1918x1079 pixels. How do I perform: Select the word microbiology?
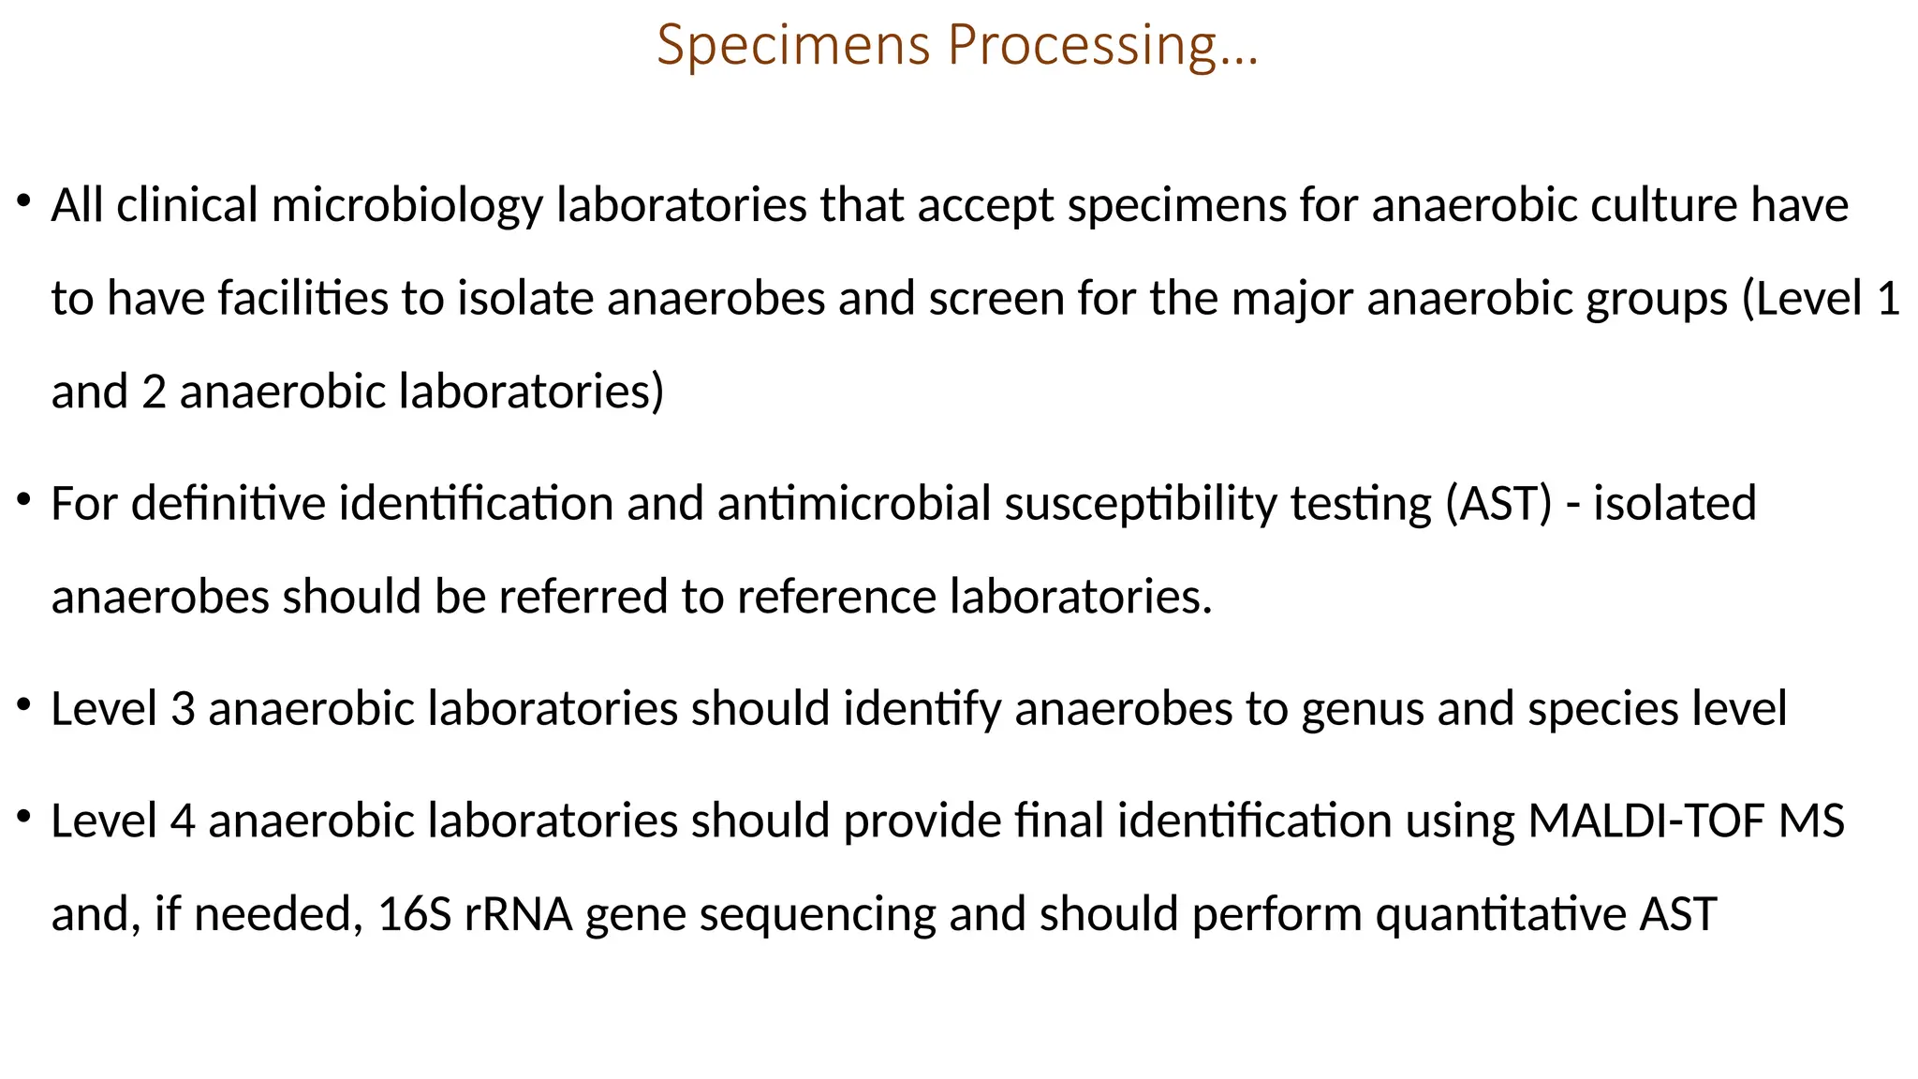tap(407, 205)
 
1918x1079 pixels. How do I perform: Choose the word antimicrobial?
tap(854, 504)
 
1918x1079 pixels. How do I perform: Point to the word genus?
tap(1363, 709)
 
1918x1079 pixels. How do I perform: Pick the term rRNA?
tap(518, 914)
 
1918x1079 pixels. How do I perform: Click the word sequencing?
tap(818, 914)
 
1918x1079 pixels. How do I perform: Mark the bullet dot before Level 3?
tap(25, 704)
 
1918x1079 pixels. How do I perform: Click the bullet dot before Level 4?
tap(25, 817)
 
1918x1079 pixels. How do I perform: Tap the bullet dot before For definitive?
tap(25, 499)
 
